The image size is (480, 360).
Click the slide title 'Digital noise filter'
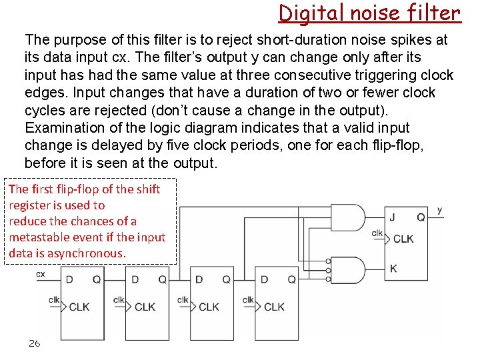coord(369,13)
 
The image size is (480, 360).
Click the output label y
coord(440,210)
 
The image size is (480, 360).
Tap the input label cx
coord(41,273)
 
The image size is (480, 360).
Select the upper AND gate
coord(351,218)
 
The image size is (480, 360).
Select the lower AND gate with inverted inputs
coord(351,269)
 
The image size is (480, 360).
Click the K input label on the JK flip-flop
coord(394,268)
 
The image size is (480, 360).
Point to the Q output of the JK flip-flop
coord(421,216)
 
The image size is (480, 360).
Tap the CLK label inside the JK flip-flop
coord(403,239)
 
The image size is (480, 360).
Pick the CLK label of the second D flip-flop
coord(145,307)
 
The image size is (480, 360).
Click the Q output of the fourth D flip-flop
coord(291,279)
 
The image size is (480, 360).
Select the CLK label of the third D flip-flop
coord(209,307)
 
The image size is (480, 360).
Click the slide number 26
coord(34,343)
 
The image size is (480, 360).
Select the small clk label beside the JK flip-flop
coord(377,233)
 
